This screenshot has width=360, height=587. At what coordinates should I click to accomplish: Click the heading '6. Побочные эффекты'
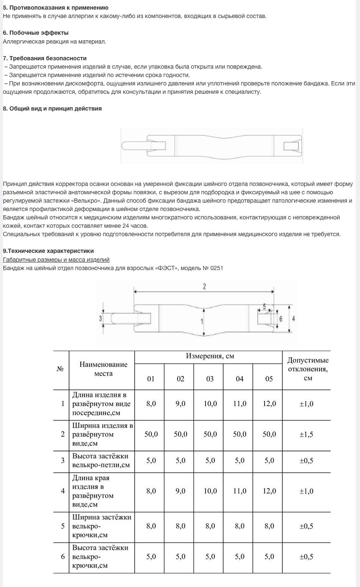[36, 33]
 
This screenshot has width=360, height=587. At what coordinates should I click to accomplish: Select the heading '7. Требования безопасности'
[45, 58]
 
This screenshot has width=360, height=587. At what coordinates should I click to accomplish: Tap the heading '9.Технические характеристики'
[48, 251]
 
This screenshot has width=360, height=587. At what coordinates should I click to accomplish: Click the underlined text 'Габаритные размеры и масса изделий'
[56, 260]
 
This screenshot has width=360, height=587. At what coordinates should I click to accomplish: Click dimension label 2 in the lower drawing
[204, 286]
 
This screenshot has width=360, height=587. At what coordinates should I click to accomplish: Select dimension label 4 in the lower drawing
[293, 318]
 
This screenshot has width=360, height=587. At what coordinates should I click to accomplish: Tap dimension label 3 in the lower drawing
[101, 318]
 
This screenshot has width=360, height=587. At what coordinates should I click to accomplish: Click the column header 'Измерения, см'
[210, 356]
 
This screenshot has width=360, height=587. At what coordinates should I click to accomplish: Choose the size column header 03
[210, 378]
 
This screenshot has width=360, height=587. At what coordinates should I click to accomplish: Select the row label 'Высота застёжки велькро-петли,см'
[100, 461]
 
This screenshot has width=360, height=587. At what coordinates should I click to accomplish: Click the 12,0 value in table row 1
[269, 404]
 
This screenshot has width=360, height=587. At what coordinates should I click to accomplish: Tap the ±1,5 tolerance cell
[306, 434]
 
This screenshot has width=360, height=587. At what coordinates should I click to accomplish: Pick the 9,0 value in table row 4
[180, 491]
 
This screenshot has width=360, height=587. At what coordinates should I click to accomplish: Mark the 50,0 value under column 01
[151, 434]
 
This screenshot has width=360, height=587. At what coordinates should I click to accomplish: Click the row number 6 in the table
[63, 556]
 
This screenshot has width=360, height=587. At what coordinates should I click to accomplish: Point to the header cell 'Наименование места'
[103, 369]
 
